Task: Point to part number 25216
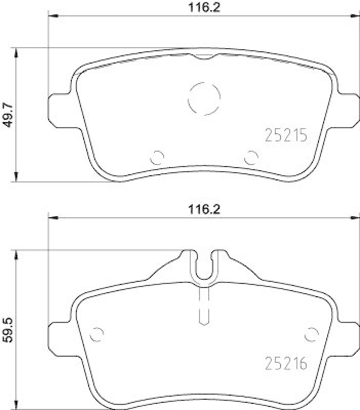pyautogui.click(x=286, y=364)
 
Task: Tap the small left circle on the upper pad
pyautogui.click(x=157, y=158)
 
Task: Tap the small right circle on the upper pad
pyautogui.click(x=251, y=158)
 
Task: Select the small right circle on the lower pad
pyautogui.click(x=311, y=334)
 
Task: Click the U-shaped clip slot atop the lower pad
pyautogui.click(x=204, y=266)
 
